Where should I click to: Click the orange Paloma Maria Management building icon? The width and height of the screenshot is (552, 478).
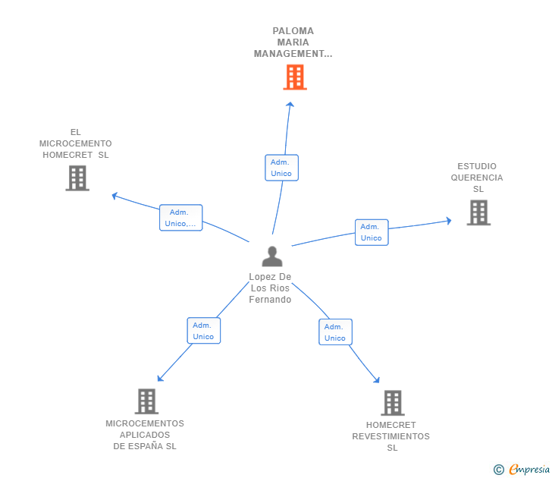(x=295, y=77)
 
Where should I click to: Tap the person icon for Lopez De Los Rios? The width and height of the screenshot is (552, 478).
(x=271, y=256)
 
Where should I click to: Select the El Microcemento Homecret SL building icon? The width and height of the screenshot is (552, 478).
(x=77, y=178)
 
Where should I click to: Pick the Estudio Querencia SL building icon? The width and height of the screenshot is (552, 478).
(x=478, y=212)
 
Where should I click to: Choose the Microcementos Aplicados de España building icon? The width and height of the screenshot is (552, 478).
(x=146, y=401)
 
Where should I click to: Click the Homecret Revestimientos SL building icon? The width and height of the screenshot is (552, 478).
(x=392, y=402)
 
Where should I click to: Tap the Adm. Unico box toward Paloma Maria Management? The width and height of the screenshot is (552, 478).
(x=281, y=168)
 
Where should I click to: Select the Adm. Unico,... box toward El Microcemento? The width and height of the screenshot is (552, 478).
(x=181, y=218)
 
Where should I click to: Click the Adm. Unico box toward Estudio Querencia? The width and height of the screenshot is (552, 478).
(x=371, y=232)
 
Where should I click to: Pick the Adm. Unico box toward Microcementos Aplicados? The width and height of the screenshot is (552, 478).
(x=203, y=331)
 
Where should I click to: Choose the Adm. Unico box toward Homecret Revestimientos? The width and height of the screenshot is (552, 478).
(x=335, y=332)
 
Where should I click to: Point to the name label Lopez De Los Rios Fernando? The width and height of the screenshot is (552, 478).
(x=270, y=288)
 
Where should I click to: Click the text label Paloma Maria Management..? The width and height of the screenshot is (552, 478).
(x=293, y=42)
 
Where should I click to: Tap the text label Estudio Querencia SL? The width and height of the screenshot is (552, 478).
(x=477, y=178)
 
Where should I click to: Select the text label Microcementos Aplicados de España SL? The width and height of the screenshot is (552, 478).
(x=145, y=435)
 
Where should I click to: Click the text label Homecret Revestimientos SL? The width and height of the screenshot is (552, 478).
(x=391, y=436)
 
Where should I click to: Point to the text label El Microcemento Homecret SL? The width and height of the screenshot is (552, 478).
(x=76, y=143)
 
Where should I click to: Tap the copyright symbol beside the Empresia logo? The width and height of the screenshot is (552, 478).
(x=499, y=470)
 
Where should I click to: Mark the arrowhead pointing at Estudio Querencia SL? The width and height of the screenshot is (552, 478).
(x=448, y=221)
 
